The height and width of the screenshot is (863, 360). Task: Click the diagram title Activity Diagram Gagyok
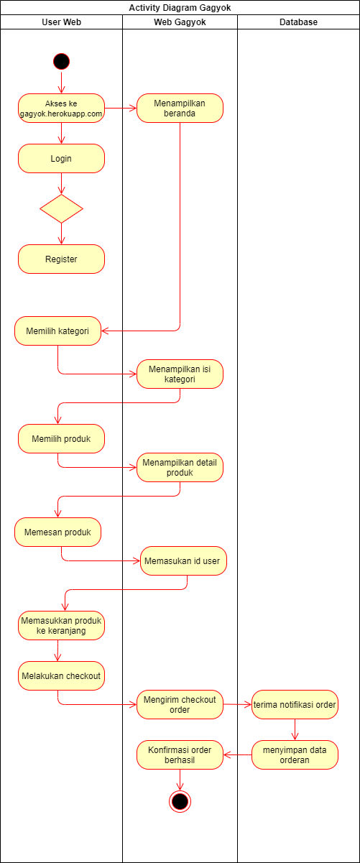(x=180, y=9)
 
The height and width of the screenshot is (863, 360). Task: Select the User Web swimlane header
(x=61, y=22)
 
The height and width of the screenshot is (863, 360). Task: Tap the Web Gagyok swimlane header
(x=180, y=22)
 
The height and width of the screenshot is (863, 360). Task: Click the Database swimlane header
(x=298, y=22)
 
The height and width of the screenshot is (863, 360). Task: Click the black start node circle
(x=61, y=62)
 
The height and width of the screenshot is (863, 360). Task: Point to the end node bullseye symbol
(x=180, y=800)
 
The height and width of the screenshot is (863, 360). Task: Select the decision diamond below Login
(x=61, y=208)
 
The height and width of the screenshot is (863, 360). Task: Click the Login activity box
(x=61, y=158)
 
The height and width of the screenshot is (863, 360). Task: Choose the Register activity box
(x=61, y=259)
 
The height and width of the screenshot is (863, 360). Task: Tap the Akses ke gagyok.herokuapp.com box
(x=61, y=108)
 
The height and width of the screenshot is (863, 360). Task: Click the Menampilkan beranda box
(x=180, y=108)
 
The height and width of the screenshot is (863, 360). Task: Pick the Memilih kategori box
(x=57, y=331)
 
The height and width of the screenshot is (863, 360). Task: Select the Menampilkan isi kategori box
(x=180, y=374)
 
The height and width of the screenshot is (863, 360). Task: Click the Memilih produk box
(x=61, y=438)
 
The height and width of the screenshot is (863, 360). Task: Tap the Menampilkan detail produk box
(x=180, y=467)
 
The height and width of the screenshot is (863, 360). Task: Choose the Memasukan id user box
(x=183, y=560)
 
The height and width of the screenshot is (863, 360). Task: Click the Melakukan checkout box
(x=61, y=675)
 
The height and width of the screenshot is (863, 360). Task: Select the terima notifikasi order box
(x=295, y=704)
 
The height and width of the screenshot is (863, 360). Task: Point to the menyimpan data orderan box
(x=295, y=754)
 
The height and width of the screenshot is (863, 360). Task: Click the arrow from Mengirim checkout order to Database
(x=237, y=704)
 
